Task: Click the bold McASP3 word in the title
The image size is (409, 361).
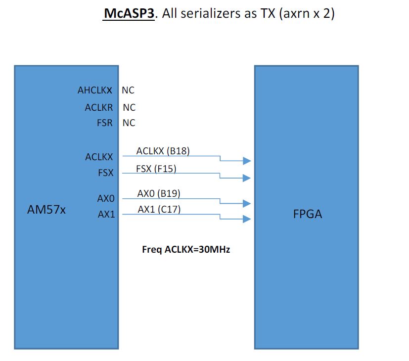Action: (129, 13)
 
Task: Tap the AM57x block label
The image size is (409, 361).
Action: (46, 210)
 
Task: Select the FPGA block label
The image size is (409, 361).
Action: (308, 214)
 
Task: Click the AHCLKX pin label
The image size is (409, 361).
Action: (95, 90)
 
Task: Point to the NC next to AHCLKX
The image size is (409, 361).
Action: (128, 90)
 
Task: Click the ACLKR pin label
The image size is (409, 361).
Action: (99, 107)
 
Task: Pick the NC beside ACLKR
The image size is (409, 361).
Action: (129, 107)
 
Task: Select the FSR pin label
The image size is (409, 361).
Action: (104, 123)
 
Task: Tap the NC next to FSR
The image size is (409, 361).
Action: (129, 123)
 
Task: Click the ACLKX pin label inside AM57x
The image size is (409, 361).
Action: (99, 157)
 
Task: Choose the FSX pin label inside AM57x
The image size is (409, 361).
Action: (106, 173)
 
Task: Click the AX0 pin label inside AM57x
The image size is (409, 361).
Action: (106, 198)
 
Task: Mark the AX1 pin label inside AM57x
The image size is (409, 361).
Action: (106, 214)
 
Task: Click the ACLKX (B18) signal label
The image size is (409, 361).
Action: (163, 151)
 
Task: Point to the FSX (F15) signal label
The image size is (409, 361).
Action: (156, 169)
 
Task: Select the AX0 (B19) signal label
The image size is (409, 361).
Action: (159, 193)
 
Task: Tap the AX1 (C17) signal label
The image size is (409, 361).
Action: (159, 209)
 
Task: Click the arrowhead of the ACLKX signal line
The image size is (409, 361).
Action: (247, 161)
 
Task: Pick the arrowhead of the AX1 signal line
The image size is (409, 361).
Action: (247, 219)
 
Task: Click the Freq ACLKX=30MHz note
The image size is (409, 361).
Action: (186, 250)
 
